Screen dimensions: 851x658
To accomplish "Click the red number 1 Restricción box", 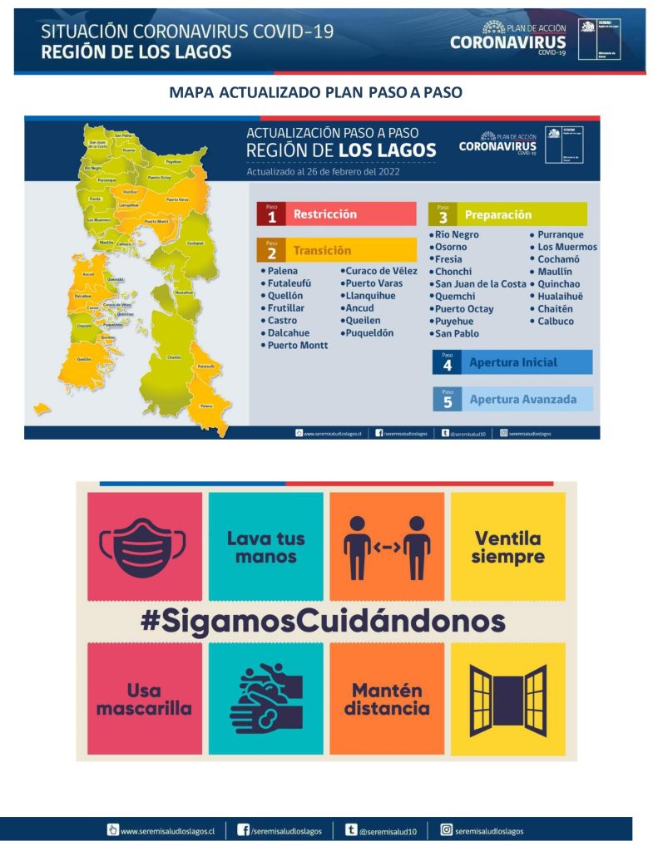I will (336, 214).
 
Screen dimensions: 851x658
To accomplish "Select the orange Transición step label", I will (336, 250).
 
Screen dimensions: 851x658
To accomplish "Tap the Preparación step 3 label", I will (507, 214).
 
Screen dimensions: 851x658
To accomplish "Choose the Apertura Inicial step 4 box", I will (512, 362).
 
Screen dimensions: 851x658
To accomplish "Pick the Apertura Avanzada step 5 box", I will (512, 399).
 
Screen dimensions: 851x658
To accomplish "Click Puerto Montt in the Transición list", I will (297, 345).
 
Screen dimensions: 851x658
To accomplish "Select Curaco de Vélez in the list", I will (382, 271).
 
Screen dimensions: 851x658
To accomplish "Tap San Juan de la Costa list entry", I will (481, 284).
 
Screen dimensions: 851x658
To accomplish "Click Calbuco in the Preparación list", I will (555, 321).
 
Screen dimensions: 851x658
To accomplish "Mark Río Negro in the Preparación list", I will (457, 235).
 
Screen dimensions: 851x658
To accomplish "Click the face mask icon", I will (145, 546).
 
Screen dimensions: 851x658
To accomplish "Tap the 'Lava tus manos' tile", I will (265, 546).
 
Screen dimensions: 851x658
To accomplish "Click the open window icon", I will (507, 699).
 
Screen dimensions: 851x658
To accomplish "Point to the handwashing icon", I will (265, 699).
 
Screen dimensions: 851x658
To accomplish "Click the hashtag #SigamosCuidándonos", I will (323, 622).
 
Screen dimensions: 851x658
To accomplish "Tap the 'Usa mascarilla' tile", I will (145, 699).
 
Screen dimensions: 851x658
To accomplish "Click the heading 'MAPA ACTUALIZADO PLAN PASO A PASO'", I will (315, 92).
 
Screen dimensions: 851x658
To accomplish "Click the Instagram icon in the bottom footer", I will (447, 829).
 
